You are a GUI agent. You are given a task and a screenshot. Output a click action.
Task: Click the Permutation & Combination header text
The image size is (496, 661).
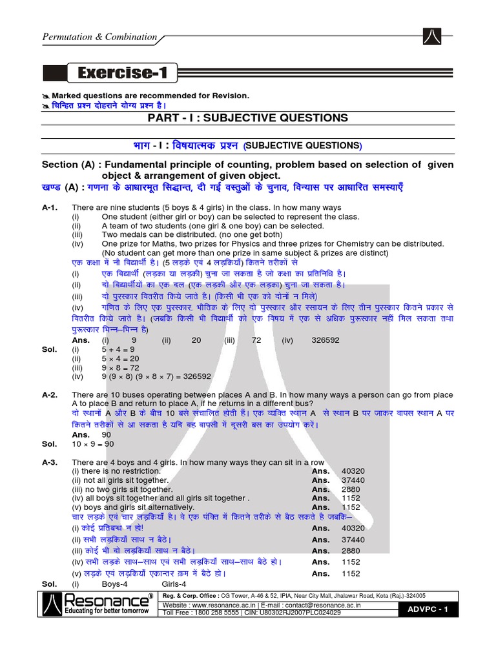99,37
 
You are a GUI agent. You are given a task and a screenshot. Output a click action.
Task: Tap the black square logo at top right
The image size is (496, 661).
433,37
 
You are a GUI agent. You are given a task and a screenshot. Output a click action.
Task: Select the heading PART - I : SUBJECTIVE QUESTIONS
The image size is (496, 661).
248,117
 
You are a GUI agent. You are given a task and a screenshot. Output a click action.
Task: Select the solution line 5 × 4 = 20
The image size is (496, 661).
122,358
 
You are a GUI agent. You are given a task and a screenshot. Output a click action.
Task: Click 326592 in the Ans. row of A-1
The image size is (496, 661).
325,340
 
